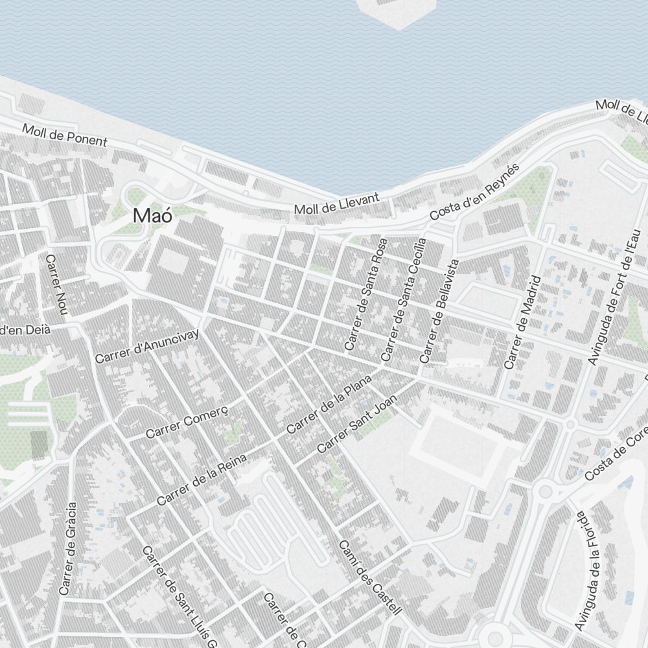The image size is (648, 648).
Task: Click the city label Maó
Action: [x=153, y=216]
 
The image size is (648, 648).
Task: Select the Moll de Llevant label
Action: [x=336, y=204]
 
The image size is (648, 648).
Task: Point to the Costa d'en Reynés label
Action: [x=475, y=191]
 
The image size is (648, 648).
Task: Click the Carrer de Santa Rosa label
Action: [x=366, y=295]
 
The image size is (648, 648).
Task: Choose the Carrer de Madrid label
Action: [x=522, y=322]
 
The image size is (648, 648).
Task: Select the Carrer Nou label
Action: [x=56, y=285]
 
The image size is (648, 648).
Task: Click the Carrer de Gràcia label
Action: [x=67, y=548]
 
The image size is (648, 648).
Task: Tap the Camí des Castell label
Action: [x=370, y=577]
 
